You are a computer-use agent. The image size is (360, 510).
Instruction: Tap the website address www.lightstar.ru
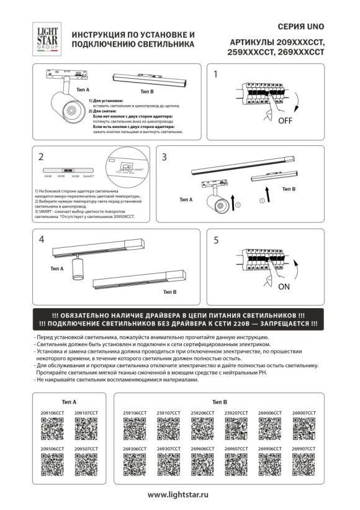pos(179,495)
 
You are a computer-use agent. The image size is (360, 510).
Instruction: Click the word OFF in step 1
pos(285,120)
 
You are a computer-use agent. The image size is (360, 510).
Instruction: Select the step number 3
pos(165,157)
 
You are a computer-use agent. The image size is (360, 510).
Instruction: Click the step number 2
pos(40,157)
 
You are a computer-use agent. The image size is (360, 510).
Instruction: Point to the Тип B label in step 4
pos(170,291)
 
